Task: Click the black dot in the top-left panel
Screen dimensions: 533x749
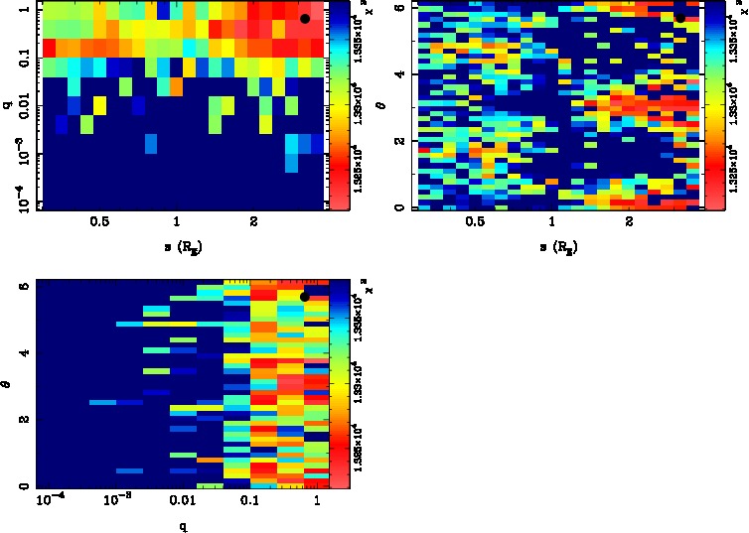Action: click(x=305, y=19)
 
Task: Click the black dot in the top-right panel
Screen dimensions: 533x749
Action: click(x=679, y=17)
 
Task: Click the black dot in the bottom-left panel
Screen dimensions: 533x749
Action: click(x=305, y=297)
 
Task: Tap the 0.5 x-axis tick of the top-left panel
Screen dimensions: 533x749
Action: click(x=98, y=222)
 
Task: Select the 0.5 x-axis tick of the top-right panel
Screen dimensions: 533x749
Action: click(x=474, y=222)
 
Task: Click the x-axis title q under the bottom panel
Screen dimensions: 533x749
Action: click(x=183, y=524)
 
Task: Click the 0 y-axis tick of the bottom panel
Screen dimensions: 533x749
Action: click(x=26, y=486)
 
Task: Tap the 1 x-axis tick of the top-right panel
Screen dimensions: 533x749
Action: click(x=551, y=222)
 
